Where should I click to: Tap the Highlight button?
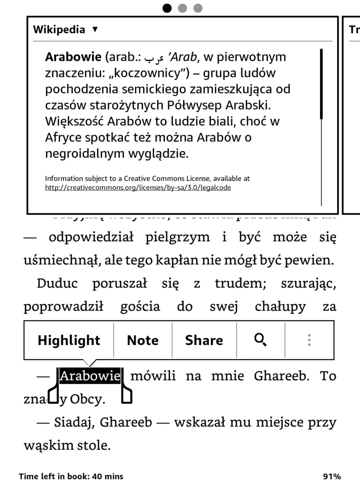coord(69,340)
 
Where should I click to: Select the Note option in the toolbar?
coord(142,340)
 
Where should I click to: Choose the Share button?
coord(204,340)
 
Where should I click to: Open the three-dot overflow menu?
coord(309,340)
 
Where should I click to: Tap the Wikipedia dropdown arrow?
coord(95,29)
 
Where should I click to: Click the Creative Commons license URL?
coord(138,187)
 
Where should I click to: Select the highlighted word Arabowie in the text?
coord(90,376)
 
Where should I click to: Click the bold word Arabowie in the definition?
coord(73,57)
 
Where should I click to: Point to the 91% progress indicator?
coord(331,477)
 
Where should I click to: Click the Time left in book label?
coord(71,477)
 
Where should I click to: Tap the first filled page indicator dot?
coord(167,8)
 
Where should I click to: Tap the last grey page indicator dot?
coord(198,8)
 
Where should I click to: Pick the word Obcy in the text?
coord(87,400)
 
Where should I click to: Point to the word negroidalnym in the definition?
coord(85,154)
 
